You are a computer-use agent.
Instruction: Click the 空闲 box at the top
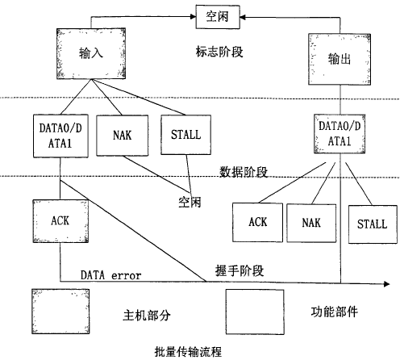click(218, 17)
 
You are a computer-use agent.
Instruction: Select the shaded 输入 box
click(91, 53)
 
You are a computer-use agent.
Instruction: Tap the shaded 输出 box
click(340, 59)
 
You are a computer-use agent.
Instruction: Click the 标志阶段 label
click(219, 52)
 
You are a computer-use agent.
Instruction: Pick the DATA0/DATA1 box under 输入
click(60, 136)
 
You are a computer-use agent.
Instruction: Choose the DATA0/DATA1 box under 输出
click(340, 134)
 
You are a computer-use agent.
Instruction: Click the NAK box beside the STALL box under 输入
click(123, 136)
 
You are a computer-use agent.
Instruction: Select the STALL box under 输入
click(185, 135)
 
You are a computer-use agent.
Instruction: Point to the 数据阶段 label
click(244, 172)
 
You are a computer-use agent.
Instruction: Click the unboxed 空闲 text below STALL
click(190, 203)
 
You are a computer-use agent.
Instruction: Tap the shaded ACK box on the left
click(60, 221)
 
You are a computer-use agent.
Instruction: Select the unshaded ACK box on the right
click(257, 222)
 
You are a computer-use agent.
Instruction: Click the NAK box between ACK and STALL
click(311, 223)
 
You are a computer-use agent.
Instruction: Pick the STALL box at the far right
click(373, 224)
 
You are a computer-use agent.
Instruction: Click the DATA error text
click(110, 275)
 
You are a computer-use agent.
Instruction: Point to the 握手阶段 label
click(240, 270)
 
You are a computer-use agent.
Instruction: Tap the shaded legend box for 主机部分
click(60, 312)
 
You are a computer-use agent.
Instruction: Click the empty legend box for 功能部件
click(255, 312)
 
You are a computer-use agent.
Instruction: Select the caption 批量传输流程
click(188, 352)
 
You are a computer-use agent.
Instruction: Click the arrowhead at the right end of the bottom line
click(387, 284)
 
